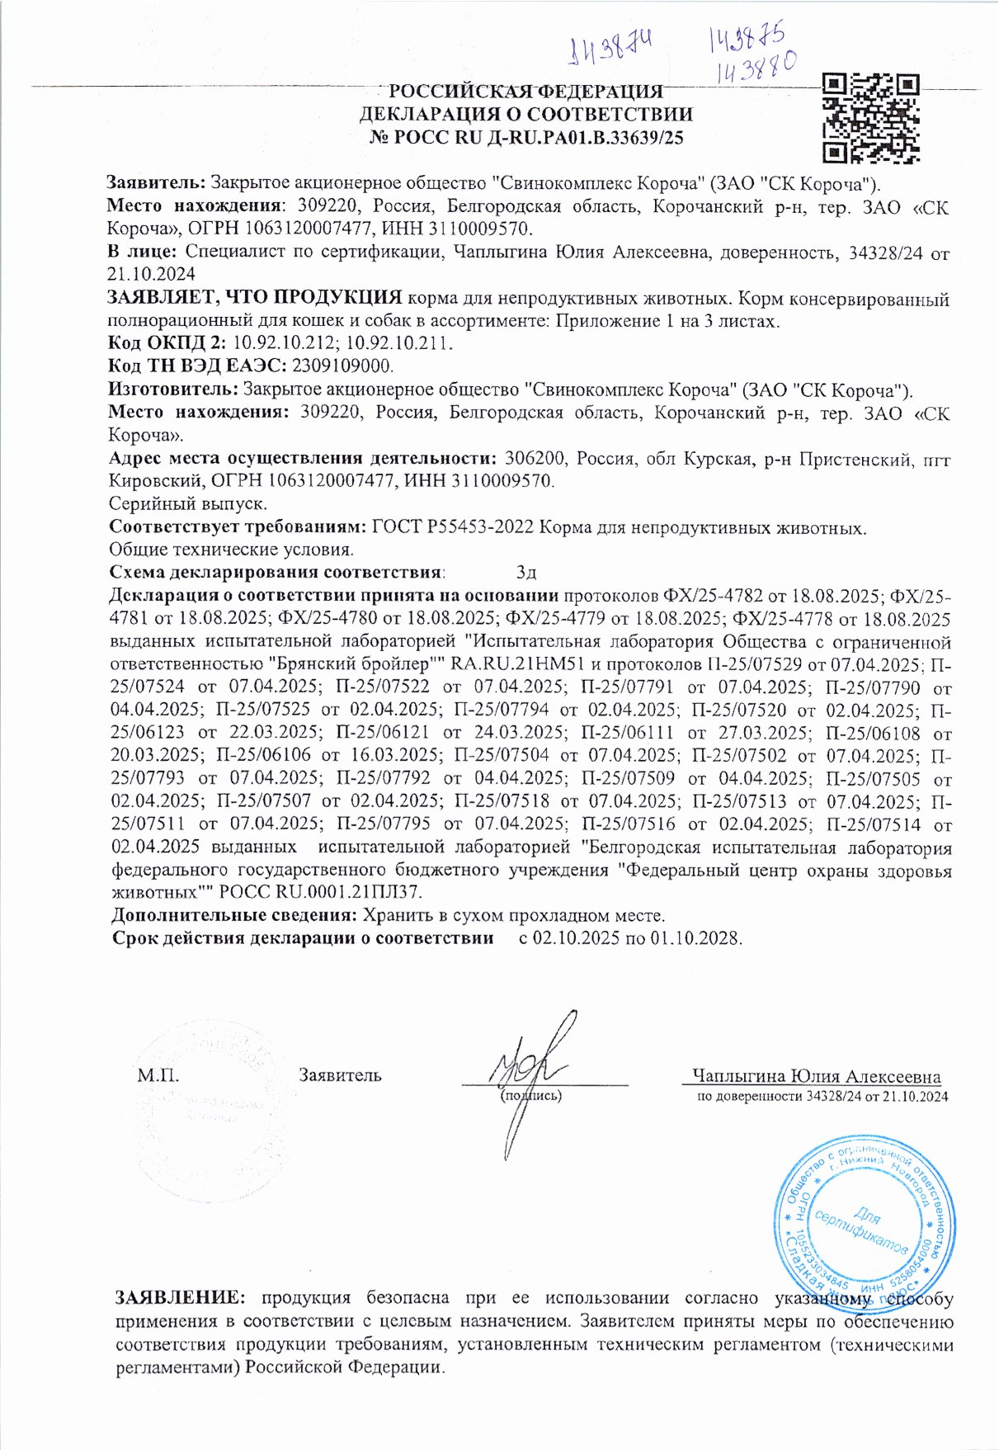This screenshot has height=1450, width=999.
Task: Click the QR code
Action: click(872, 117)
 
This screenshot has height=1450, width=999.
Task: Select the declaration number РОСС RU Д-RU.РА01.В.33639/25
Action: click(525, 138)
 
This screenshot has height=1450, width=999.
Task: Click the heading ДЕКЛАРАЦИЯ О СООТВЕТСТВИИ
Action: click(525, 115)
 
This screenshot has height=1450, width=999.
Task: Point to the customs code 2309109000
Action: click(342, 365)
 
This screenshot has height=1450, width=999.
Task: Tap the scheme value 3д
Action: click(526, 572)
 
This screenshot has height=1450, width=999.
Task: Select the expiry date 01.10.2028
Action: click(697, 938)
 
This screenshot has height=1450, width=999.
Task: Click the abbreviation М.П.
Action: click(158, 1075)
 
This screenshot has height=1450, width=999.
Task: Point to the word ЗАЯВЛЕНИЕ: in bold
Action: click(181, 1298)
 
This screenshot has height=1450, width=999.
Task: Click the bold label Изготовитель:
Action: click(173, 390)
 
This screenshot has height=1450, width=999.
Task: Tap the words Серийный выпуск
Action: click(188, 503)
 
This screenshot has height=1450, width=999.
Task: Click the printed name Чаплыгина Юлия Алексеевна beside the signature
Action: click(816, 1076)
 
